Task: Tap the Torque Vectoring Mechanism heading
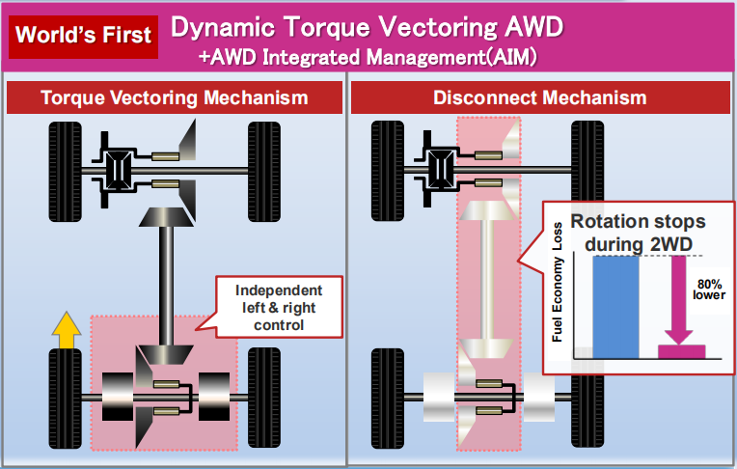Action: coord(175,97)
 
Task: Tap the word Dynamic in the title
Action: coord(218,26)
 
